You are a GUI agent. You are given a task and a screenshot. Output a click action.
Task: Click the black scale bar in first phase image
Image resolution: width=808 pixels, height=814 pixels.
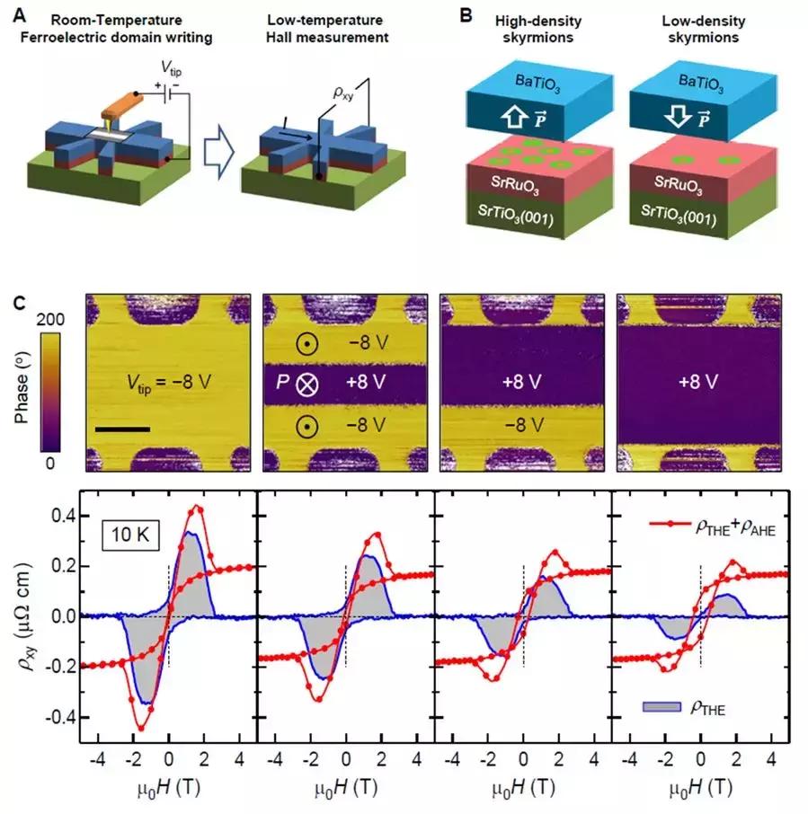tap(122, 429)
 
